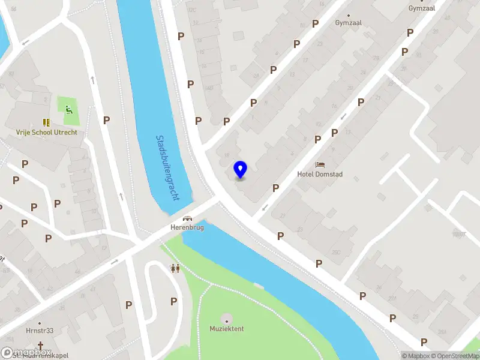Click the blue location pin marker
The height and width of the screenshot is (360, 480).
[x=240, y=170]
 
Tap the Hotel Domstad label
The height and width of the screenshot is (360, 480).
[x=319, y=174]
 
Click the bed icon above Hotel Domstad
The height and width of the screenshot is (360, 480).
[x=320, y=164]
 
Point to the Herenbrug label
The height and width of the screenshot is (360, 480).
[x=187, y=227]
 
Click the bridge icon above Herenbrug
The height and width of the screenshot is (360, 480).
[x=187, y=218]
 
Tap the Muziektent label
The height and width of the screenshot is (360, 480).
[x=227, y=329]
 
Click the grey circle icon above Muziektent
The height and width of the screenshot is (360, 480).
[x=226, y=317]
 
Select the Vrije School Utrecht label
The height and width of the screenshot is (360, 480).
[x=47, y=132]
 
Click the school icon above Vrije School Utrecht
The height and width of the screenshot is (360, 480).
[x=46, y=122]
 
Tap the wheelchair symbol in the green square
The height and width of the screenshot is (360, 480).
[x=69, y=109]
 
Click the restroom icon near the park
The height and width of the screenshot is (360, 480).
[x=175, y=268]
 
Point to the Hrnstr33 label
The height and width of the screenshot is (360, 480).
[x=40, y=330]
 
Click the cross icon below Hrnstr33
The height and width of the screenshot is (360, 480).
[x=40, y=346]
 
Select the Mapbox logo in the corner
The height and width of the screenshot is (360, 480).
[x=26, y=353]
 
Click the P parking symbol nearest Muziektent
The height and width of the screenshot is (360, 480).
[x=174, y=301]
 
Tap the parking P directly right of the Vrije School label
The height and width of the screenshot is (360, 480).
[x=106, y=120]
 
